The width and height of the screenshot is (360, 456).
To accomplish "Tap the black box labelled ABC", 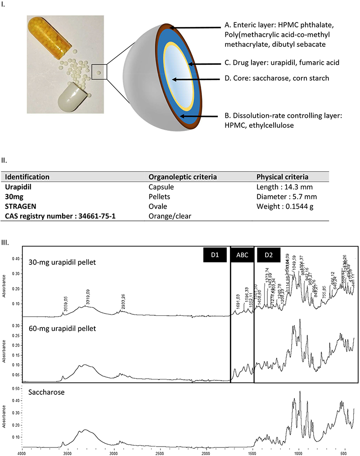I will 242,255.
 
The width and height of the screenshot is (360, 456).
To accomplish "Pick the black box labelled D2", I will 269,255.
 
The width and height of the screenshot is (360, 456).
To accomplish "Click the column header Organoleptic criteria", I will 182,177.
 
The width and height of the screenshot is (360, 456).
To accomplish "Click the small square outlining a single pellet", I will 99,72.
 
